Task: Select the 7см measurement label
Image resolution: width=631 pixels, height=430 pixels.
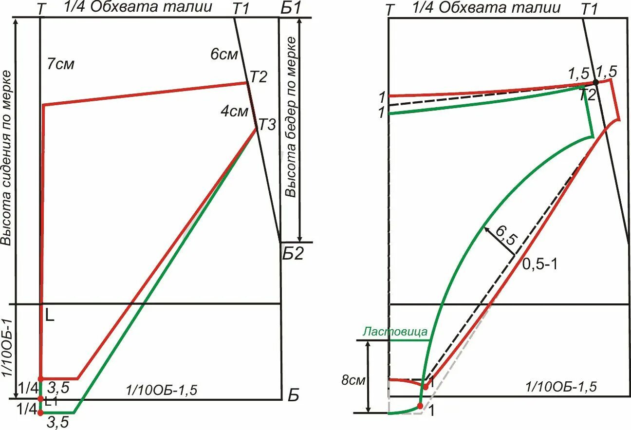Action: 61,64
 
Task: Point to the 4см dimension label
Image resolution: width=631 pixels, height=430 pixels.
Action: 234,112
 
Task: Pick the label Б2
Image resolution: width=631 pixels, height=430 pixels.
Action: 292,254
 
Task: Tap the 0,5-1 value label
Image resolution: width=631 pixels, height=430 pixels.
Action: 539,264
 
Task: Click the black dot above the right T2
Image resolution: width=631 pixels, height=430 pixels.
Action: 595,82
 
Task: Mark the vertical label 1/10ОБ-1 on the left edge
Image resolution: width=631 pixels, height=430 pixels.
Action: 7,348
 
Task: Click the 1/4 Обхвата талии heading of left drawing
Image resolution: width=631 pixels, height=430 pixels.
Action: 138,7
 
